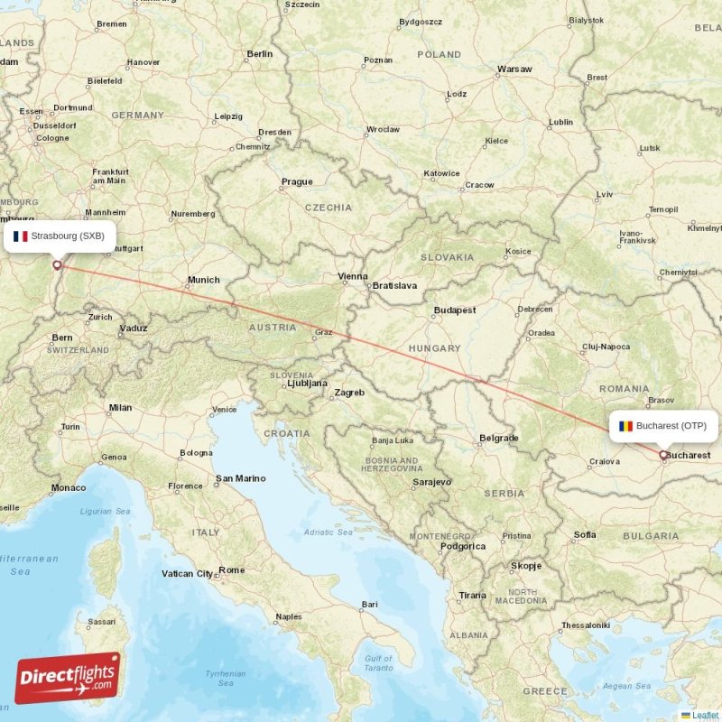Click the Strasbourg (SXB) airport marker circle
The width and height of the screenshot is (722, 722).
tap(58, 265)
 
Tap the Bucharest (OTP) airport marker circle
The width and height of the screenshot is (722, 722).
tap(663, 456)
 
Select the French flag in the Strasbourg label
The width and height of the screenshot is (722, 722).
tap(21, 236)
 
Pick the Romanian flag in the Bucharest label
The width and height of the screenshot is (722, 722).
tap(625, 425)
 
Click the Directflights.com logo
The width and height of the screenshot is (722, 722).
tap(68, 678)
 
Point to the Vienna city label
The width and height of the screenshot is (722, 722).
tap(352, 276)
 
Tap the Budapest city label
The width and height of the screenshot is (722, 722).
tap(454, 310)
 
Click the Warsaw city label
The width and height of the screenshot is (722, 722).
tap(514, 69)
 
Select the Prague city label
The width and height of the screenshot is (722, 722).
tap(297, 181)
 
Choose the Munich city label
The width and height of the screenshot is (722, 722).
tap(203, 280)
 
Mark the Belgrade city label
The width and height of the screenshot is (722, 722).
tap(499, 438)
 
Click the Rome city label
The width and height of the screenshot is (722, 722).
tap(232, 570)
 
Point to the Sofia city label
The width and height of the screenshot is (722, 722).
tap(585, 535)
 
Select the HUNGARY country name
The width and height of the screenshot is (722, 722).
tap(433, 347)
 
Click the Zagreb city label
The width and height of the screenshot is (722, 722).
tap(349, 393)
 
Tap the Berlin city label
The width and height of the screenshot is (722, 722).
tap(259, 54)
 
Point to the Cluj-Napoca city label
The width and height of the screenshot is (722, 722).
tap(606, 347)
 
